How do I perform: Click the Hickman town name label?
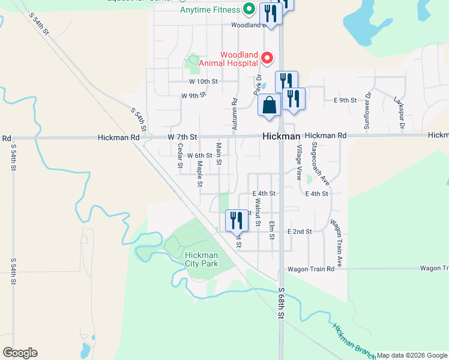(282, 137)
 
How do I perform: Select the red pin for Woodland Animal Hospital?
(267, 58)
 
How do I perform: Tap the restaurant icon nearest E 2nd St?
(237, 220)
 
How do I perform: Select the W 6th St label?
(200, 155)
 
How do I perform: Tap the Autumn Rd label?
(235, 115)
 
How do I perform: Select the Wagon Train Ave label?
(337, 243)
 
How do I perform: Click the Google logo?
(20, 353)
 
